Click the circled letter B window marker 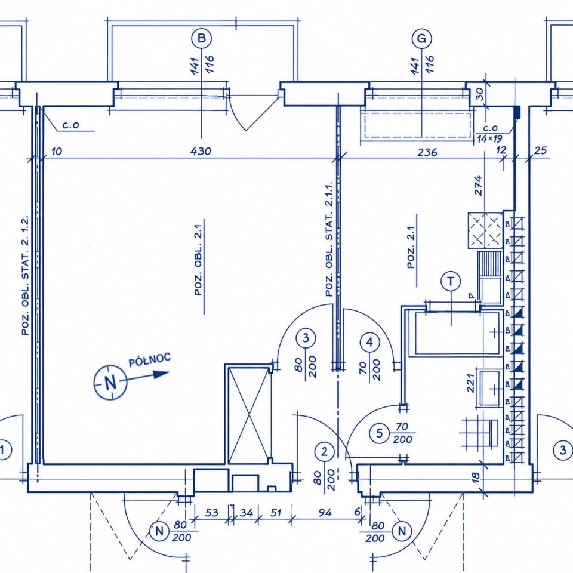click(201, 38)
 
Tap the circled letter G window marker click(422, 38)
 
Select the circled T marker click(451, 281)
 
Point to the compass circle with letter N click(110, 383)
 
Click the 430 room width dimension click(201, 151)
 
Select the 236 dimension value click(427, 152)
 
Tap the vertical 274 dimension click(478, 185)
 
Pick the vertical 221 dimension click(470, 383)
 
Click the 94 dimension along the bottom click(325, 513)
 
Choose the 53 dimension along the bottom click(211, 513)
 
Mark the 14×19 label click(489, 138)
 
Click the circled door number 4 click(370, 343)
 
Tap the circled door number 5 click(380, 433)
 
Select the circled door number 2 click(324, 452)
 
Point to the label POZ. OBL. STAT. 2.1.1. click(329, 239)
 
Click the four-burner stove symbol click(485, 230)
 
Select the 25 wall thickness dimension click(541, 150)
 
